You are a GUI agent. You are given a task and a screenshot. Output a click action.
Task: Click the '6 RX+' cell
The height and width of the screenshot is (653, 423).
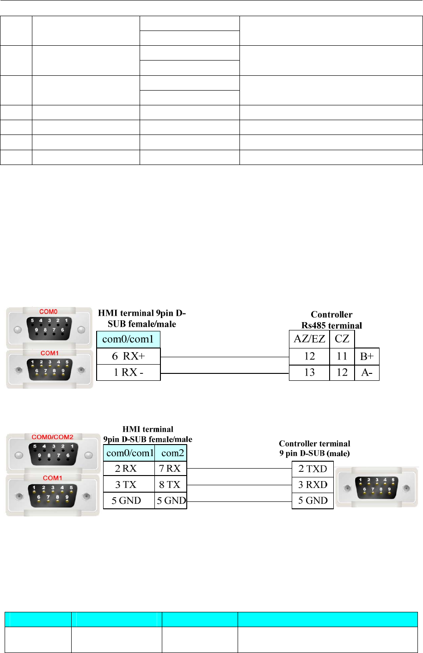(128, 356)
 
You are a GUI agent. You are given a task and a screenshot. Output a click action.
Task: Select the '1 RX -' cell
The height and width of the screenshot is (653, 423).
(128, 372)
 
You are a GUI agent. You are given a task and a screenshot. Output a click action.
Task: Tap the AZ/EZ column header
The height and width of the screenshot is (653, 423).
(309, 339)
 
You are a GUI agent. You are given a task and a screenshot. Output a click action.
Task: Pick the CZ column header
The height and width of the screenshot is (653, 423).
(342, 339)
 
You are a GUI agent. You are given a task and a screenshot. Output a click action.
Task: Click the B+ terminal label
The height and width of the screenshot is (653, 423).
(367, 356)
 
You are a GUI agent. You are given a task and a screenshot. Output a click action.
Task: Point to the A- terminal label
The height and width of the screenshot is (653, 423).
(367, 372)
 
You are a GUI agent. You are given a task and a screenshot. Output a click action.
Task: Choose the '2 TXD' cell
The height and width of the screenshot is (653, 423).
(313, 469)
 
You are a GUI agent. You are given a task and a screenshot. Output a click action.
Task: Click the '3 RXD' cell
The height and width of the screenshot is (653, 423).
(313, 485)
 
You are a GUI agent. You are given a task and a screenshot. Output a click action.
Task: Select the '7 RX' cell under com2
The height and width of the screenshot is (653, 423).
(170, 469)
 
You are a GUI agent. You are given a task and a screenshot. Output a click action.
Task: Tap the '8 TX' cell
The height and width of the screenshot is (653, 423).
(170, 485)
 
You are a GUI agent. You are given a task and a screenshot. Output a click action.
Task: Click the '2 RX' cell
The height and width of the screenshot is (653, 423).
(126, 469)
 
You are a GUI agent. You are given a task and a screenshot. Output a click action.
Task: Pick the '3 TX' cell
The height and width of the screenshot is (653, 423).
(126, 485)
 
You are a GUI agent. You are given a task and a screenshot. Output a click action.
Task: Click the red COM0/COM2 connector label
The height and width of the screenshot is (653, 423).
(52, 437)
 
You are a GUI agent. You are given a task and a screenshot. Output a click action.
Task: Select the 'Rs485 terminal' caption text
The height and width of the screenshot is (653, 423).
(331, 325)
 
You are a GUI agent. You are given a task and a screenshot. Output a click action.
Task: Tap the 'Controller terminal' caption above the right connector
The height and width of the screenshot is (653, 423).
(314, 444)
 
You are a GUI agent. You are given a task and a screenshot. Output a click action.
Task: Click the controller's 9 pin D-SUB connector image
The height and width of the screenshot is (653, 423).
(377, 487)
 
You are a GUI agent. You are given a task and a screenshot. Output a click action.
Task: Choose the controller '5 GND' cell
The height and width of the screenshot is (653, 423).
(313, 500)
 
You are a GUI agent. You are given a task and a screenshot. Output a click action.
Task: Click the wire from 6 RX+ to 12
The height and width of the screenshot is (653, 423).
(224, 357)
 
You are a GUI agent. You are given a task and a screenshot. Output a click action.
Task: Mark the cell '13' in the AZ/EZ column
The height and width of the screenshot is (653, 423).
(309, 372)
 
